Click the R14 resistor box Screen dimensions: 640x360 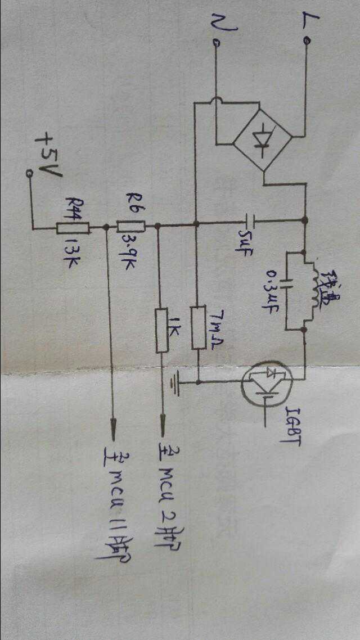(73, 228)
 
